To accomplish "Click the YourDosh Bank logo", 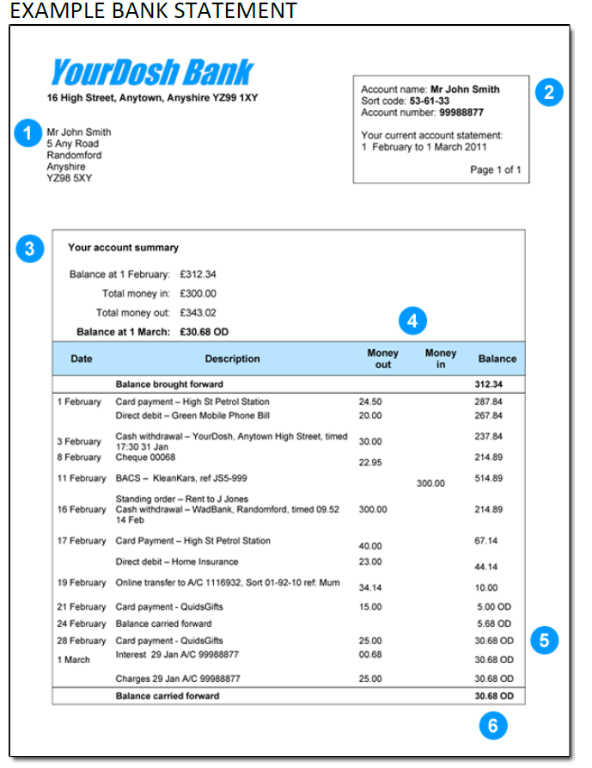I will click(x=151, y=72).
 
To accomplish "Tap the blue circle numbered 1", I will click(x=28, y=133).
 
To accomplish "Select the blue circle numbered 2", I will click(x=549, y=91).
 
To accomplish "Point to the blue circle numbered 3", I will click(x=30, y=250).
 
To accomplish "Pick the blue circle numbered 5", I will click(x=544, y=640).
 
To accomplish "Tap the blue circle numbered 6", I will click(x=492, y=726).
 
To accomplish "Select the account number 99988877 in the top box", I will click(x=461, y=113).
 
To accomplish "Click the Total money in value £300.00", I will click(x=198, y=294).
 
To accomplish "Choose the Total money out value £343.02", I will click(x=198, y=313).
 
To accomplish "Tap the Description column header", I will click(x=232, y=359).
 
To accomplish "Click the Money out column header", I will click(x=383, y=359).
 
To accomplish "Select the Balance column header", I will click(x=497, y=359).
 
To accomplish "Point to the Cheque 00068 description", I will click(x=145, y=457).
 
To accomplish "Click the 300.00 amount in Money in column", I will click(x=430, y=483).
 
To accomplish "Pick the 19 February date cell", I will click(x=82, y=583).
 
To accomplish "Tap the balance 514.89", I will click(x=488, y=478).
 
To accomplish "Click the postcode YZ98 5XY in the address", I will click(x=69, y=178).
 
